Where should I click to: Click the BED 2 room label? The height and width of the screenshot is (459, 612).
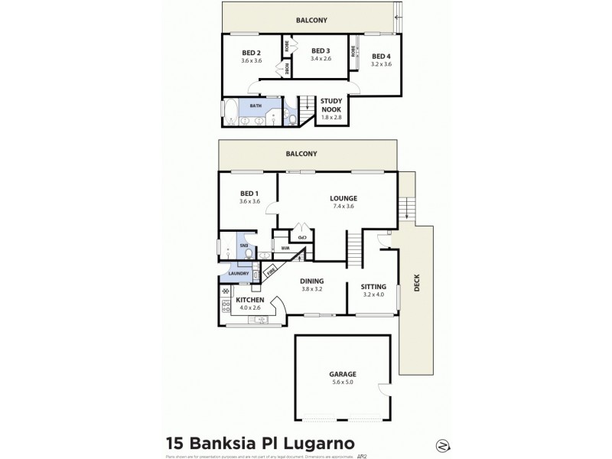pyautogui.click(x=252, y=53)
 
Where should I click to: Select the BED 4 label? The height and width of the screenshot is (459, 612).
pyautogui.click(x=380, y=56)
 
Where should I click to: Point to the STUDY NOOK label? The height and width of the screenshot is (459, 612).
pyautogui.click(x=331, y=104)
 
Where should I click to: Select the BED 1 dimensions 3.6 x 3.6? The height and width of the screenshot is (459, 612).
pyautogui.click(x=250, y=201)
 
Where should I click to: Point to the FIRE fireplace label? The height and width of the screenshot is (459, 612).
pyautogui.click(x=269, y=270)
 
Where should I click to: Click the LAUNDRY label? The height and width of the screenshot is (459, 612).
pyautogui.click(x=234, y=272)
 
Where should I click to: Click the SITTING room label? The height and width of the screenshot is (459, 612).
pyautogui.click(x=373, y=285)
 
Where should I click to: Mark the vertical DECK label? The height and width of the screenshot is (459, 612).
pyautogui.click(x=417, y=284)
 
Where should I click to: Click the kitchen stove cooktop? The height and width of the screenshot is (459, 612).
pyautogui.click(x=225, y=307)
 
